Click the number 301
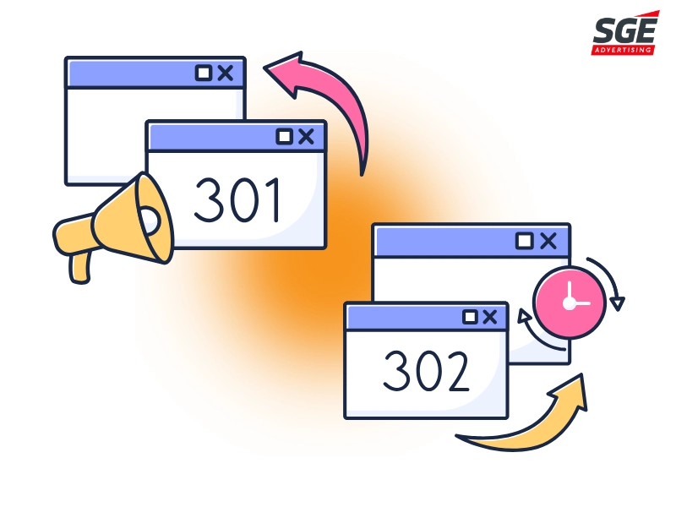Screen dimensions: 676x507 tap(237, 200)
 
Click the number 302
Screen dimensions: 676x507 tap(426, 371)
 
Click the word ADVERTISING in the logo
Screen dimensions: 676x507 tap(624, 50)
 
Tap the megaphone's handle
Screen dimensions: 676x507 tap(80, 268)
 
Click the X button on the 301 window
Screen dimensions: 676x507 tap(306, 137)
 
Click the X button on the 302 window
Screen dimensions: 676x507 tap(490, 318)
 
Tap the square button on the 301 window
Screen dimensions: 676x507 tap(285, 137)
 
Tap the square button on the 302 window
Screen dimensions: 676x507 tap(470, 318)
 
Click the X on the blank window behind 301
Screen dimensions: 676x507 tap(226, 73)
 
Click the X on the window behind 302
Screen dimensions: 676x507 tap(548, 241)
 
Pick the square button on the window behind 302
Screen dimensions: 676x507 tap(525, 241)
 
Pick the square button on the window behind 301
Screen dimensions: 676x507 tap(204, 73)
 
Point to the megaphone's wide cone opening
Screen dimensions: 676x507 tap(154, 218)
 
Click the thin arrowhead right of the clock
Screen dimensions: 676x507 tap(619, 303)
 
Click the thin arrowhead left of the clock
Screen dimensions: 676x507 tap(524, 315)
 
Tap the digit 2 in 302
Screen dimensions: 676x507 tap(456, 371)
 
